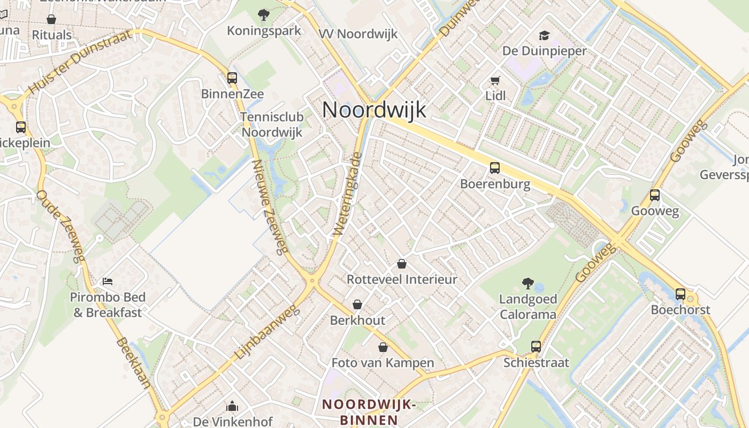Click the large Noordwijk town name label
coord(374,110)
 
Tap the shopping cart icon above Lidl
coord(495,81)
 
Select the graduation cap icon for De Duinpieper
coord(544,35)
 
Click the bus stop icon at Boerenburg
coord(495,168)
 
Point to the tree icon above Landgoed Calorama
coord(528,283)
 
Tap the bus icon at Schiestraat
coord(536,346)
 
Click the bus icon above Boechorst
coord(680,294)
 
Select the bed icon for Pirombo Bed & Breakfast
coord(108,281)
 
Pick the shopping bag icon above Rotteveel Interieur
coord(402,264)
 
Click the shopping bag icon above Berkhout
coord(357,304)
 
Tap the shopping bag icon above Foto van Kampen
coord(383,347)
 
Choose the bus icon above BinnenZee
coord(232,78)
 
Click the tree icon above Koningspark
coord(264,15)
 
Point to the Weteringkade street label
coord(348,195)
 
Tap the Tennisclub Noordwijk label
coord(272,125)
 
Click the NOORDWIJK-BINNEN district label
coord(369,412)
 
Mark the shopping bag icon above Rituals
coord(51,20)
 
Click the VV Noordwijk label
coord(358,34)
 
